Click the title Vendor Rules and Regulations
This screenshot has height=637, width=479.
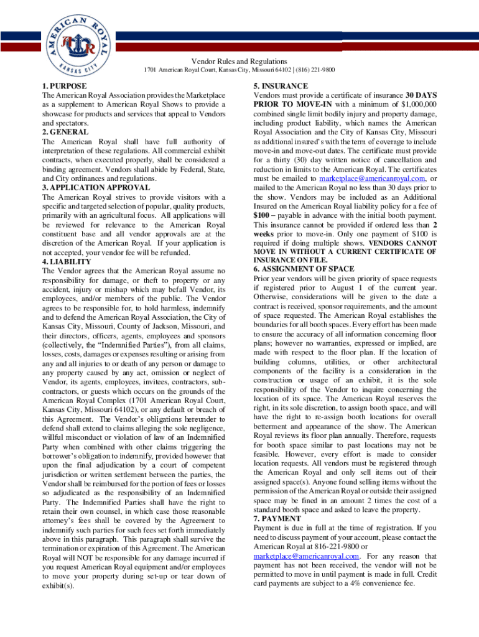pos(239,61)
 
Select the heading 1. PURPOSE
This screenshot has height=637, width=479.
pos(65,86)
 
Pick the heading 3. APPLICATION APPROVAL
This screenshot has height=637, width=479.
pos(96,187)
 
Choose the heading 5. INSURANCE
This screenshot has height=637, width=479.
pos(281,86)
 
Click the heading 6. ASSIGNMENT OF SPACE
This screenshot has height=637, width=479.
pos(304,269)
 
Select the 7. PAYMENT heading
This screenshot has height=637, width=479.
pos(277,518)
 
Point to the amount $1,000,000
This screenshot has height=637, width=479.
pos(419,105)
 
